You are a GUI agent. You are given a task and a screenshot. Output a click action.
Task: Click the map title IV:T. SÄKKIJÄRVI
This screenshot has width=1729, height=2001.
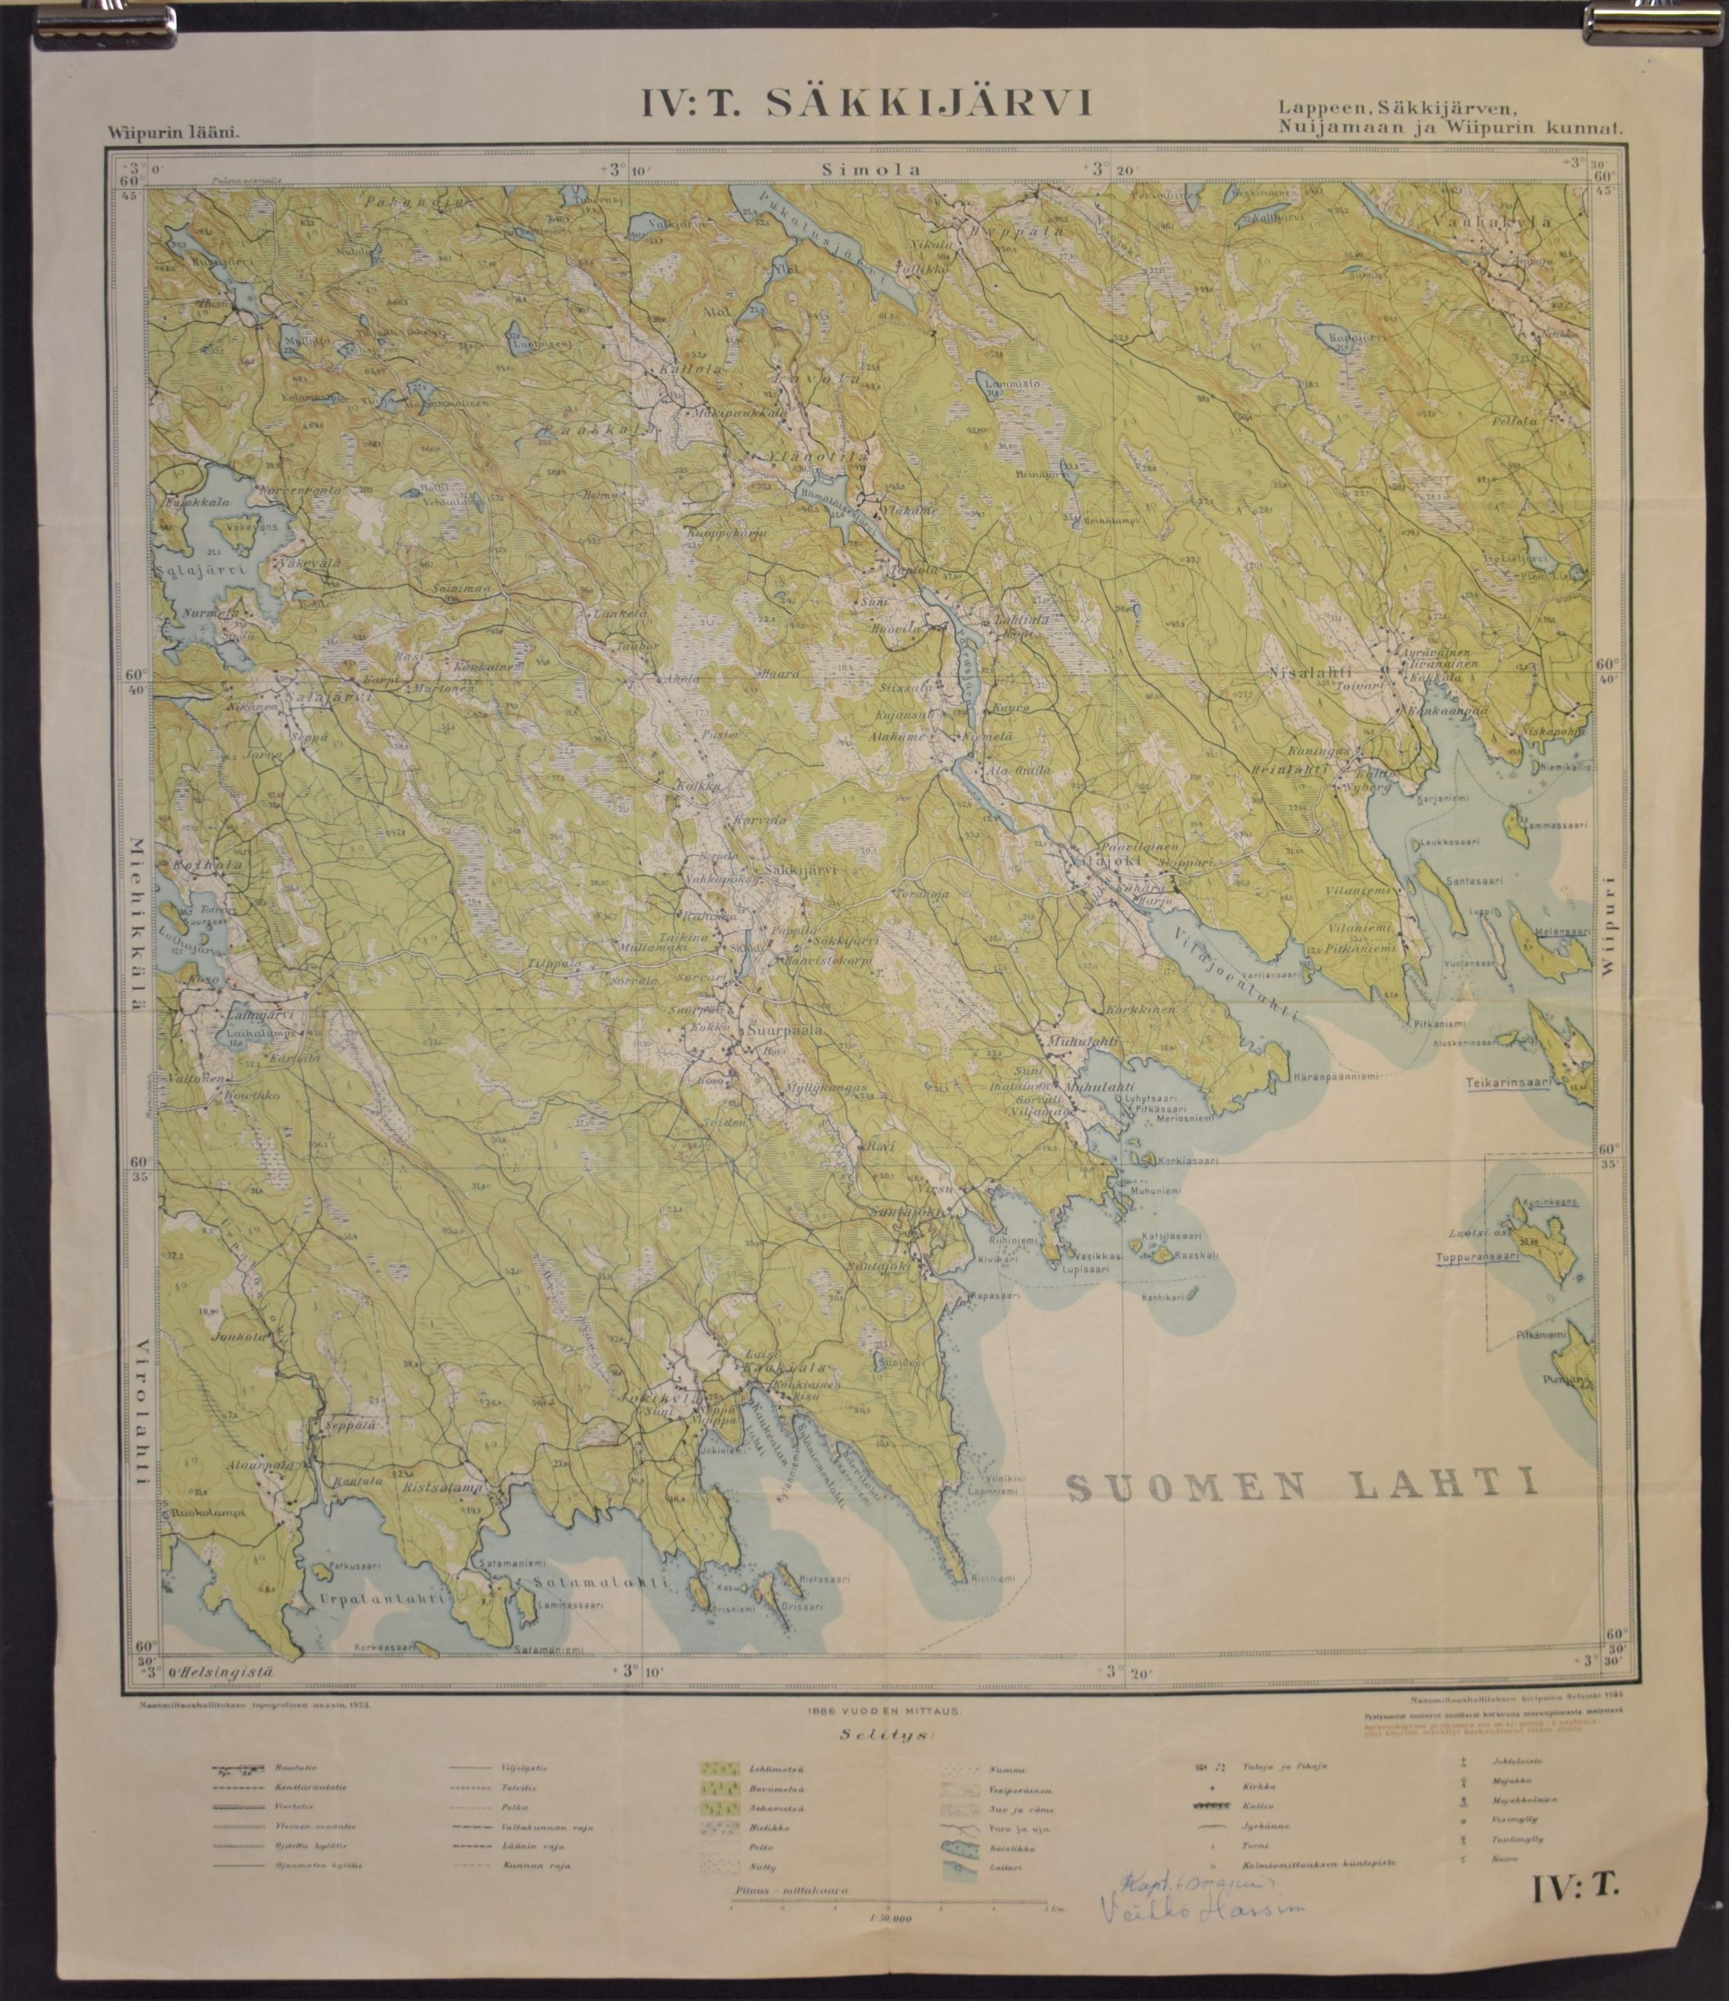(866, 103)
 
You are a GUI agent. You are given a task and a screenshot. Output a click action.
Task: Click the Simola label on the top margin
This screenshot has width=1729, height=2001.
(872, 169)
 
